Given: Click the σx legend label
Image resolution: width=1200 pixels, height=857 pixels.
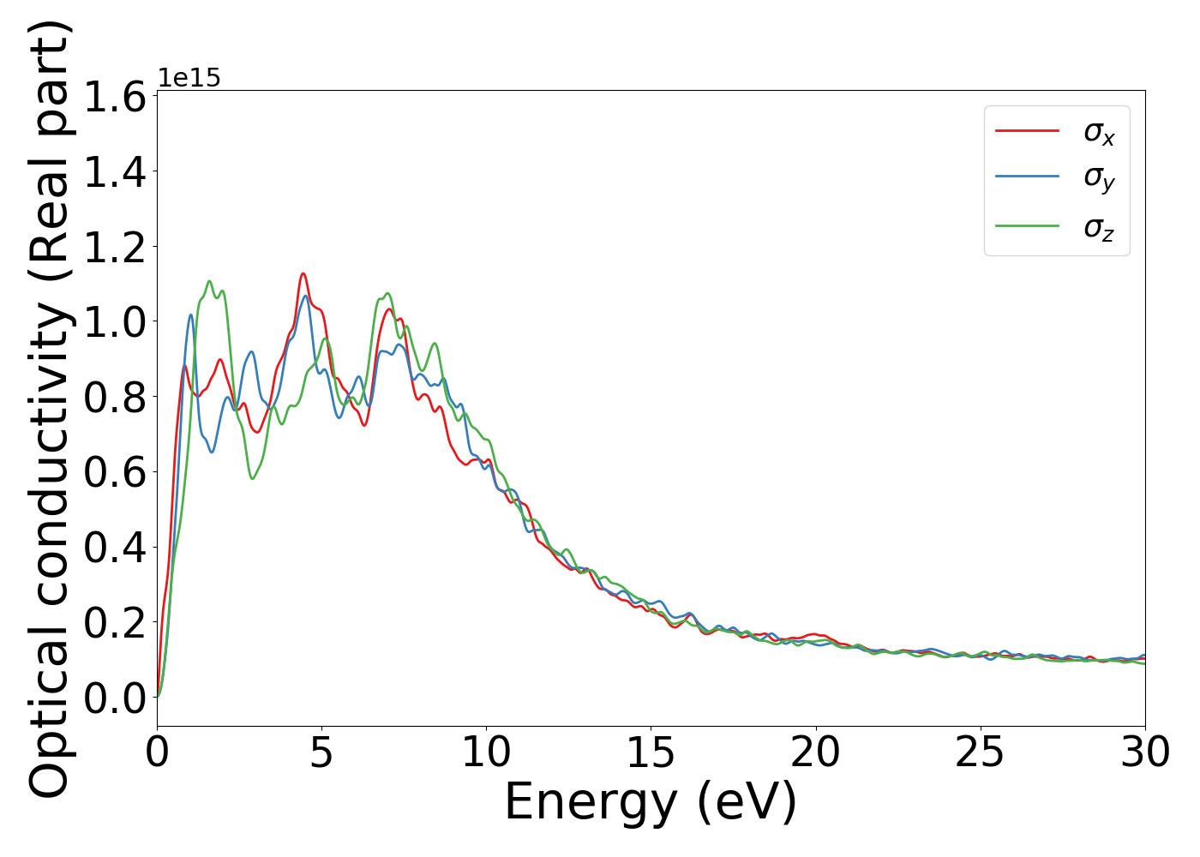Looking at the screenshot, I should pos(1099,132).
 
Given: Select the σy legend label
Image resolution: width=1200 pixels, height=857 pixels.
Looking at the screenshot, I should pos(1099,177).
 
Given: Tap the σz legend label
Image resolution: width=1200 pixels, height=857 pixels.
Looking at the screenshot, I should pos(1099,227).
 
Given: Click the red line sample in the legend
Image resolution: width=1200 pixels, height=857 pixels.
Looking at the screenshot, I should pos(1027,131).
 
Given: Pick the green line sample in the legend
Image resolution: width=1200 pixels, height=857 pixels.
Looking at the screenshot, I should pos(1027,226).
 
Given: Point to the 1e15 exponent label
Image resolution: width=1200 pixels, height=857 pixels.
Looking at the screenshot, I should pos(189,78).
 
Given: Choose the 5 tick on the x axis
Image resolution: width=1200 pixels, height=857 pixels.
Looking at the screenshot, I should pos(321,753).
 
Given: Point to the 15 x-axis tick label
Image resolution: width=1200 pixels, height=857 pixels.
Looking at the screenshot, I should pos(651,753).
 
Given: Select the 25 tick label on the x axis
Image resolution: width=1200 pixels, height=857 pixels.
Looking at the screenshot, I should pos(980,753).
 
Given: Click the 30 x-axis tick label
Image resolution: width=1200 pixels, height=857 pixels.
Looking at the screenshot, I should pos(1144,753).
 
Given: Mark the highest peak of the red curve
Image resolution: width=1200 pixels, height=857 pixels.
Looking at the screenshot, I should pos(303,273).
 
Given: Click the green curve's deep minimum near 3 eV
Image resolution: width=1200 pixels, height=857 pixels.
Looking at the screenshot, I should pos(252,478).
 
